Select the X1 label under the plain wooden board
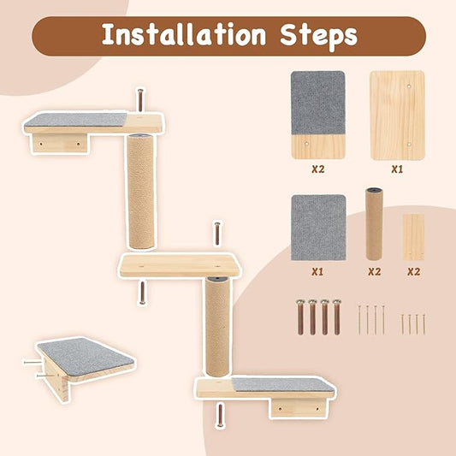(x=397, y=169)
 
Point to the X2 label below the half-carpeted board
(x=317, y=169)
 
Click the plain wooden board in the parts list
(x=397, y=115)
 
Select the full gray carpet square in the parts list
(x=317, y=228)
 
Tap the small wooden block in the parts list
(x=413, y=237)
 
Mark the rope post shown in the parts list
(x=374, y=224)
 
